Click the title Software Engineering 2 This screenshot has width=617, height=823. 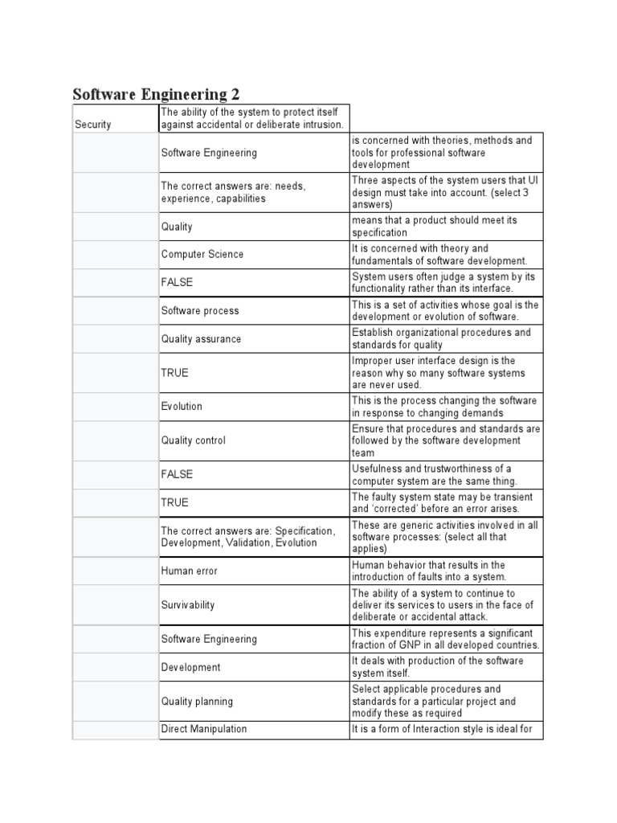point(156,94)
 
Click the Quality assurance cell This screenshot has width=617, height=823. point(201,339)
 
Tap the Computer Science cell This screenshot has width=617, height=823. point(202,254)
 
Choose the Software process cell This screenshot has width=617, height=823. point(200,311)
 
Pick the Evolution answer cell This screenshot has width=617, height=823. point(182,407)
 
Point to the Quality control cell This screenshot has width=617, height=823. point(194,440)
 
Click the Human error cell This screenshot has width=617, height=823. point(190,571)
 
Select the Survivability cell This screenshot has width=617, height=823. point(188,605)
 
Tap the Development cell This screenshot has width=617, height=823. point(191,667)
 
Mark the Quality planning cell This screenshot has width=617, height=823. point(197,702)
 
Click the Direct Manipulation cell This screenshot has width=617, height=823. point(204,729)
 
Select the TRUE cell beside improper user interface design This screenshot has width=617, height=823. point(175,373)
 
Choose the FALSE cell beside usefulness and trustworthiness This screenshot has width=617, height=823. point(177,474)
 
